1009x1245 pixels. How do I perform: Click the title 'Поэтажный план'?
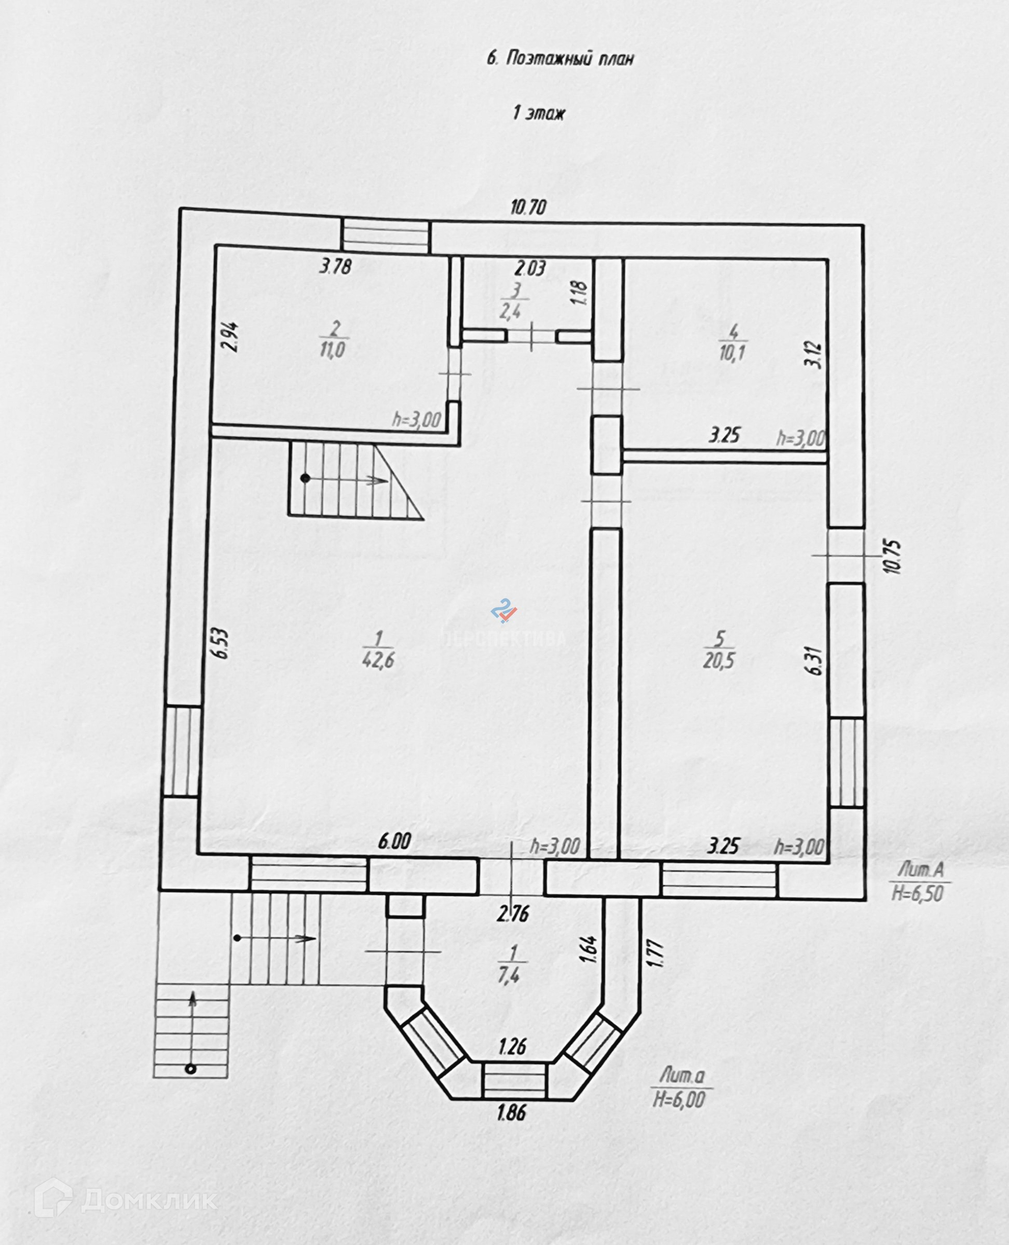(560, 59)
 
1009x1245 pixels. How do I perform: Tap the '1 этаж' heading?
(539, 113)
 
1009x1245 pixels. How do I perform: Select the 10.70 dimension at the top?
(528, 207)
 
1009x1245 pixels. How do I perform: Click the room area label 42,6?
(378, 660)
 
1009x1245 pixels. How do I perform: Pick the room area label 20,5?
(719, 660)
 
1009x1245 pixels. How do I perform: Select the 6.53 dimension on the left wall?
(221, 643)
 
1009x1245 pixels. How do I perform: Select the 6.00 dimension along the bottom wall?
(395, 841)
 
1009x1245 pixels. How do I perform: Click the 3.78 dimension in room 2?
(336, 267)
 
